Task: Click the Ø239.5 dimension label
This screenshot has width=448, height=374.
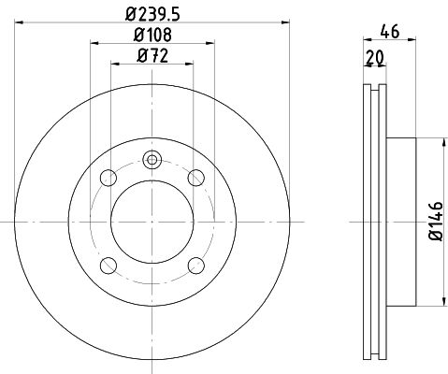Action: point(152,14)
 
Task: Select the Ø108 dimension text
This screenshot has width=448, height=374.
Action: point(152,35)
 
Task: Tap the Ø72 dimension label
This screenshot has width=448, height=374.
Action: point(152,56)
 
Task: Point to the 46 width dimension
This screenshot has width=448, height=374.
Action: point(390,32)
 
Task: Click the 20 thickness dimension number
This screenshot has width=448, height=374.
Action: point(375,58)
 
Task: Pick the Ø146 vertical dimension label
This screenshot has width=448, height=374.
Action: point(436,222)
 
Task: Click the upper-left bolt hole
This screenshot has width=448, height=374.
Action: point(108,178)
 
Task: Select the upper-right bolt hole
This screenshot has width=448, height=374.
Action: point(196,178)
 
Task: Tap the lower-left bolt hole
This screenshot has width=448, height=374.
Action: point(108,266)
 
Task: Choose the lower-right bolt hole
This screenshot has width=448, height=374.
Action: point(196,266)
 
